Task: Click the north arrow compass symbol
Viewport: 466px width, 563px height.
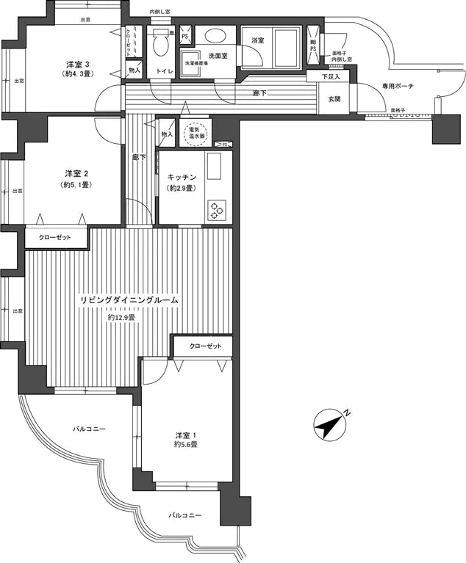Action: pos(330,424)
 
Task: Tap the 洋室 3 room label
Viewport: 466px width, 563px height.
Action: pos(77,64)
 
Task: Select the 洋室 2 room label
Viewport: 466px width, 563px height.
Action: pos(76,173)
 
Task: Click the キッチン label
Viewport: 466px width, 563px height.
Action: pos(180,177)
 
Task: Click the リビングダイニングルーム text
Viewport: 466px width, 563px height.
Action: pos(129,302)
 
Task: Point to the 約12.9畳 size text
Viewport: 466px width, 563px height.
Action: pos(121,317)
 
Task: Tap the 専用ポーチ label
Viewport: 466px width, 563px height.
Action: pos(398,87)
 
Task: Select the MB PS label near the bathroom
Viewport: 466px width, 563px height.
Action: pos(313,47)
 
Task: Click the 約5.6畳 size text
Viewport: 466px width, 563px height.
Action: pos(185,445)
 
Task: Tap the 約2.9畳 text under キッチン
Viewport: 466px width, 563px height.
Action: pos(180,189)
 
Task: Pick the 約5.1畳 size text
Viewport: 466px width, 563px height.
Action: pos(76,185)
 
